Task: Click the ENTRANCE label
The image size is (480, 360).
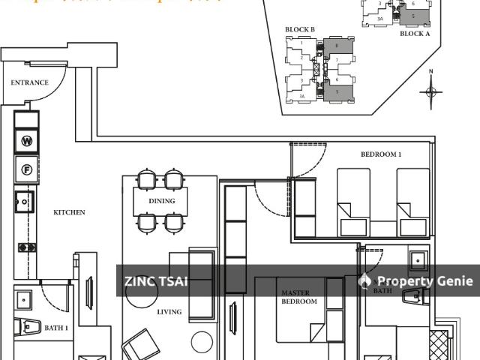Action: (30, 83)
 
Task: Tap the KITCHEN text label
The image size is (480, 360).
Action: (69, 212)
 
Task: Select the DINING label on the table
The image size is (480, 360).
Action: (162, 201)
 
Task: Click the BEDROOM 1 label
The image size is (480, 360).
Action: (381, 154)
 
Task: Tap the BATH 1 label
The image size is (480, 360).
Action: (56, 328)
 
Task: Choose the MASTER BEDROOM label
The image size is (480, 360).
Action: (298, 297)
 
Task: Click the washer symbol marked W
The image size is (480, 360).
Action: (27, 141)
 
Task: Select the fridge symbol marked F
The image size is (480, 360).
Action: (27, 169)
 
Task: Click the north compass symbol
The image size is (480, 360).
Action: (431, 91)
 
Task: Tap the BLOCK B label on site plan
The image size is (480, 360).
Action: (300, 30)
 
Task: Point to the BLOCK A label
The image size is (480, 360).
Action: (415, 34)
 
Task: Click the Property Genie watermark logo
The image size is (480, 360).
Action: (365, 281)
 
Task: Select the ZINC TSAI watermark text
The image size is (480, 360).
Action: (155, 282)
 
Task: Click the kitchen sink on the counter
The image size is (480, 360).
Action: (24, 201)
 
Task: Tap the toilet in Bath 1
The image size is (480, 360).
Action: (31, 327)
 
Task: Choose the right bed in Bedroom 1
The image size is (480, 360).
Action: (413, 202)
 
